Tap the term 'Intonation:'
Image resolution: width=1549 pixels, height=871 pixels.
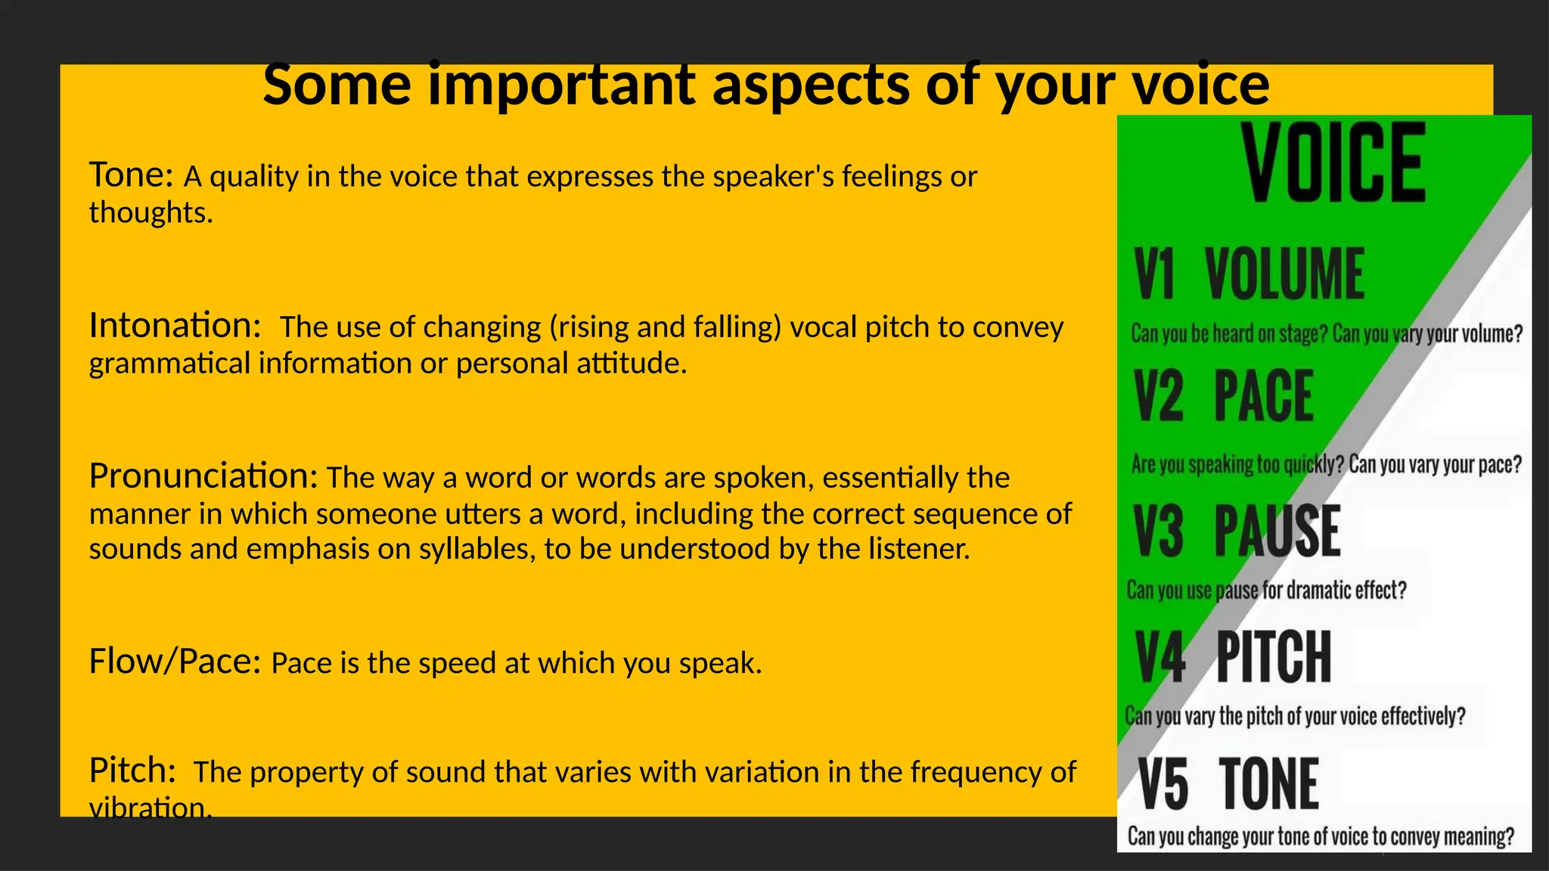coord(175,326)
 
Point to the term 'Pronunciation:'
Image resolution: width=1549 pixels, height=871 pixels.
coord(203,476)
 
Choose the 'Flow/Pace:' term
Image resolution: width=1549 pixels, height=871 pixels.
coord(175,662)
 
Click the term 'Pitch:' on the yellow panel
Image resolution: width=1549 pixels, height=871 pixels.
coord(132,770)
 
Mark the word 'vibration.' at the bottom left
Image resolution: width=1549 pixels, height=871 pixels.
coord(151,807)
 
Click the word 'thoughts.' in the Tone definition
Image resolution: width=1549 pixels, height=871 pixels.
coord(151,212)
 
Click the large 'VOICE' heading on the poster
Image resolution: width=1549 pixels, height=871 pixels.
coord(1334,163)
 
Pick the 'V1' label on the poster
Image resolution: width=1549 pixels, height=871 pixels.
coord(1154,274)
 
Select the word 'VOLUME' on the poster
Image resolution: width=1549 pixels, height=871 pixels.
coord(1284,274)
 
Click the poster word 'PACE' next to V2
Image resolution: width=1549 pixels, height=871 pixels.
coord(1264,396)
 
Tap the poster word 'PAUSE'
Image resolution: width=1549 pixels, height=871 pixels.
coord(1277,531)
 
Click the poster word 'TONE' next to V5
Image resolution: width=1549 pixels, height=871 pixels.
coord(1269,784)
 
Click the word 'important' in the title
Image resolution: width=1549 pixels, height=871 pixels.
coord(561,85)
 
